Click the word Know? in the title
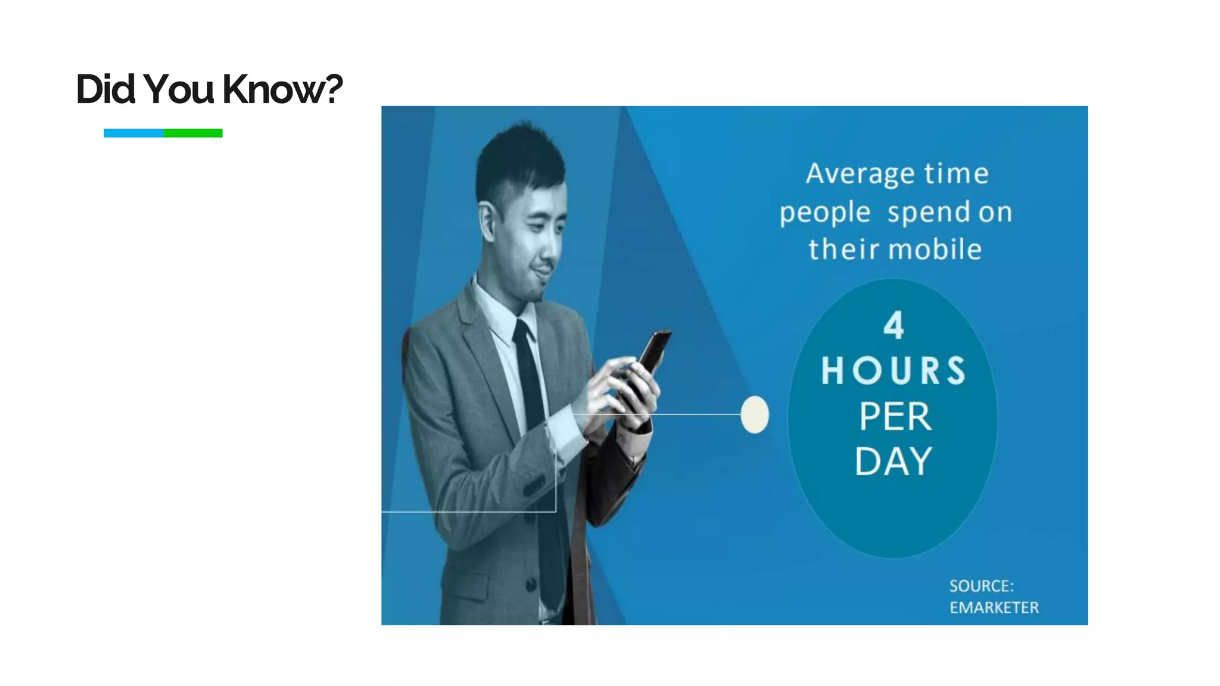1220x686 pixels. point(282,89)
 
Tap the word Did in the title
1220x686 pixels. point(105,89)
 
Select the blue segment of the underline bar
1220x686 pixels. point(133,133)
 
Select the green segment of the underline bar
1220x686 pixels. point(193,133)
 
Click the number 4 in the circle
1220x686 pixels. point(893,326)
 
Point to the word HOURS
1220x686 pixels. point(893,370)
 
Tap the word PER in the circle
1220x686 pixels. point(894,416)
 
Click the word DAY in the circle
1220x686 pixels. point(893,462)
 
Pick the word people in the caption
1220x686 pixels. point(824,213)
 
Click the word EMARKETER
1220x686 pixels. point(993,607)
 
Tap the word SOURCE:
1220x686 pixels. point(981,586)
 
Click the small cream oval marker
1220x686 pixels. point(754,414)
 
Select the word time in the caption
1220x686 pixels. point(956,174)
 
